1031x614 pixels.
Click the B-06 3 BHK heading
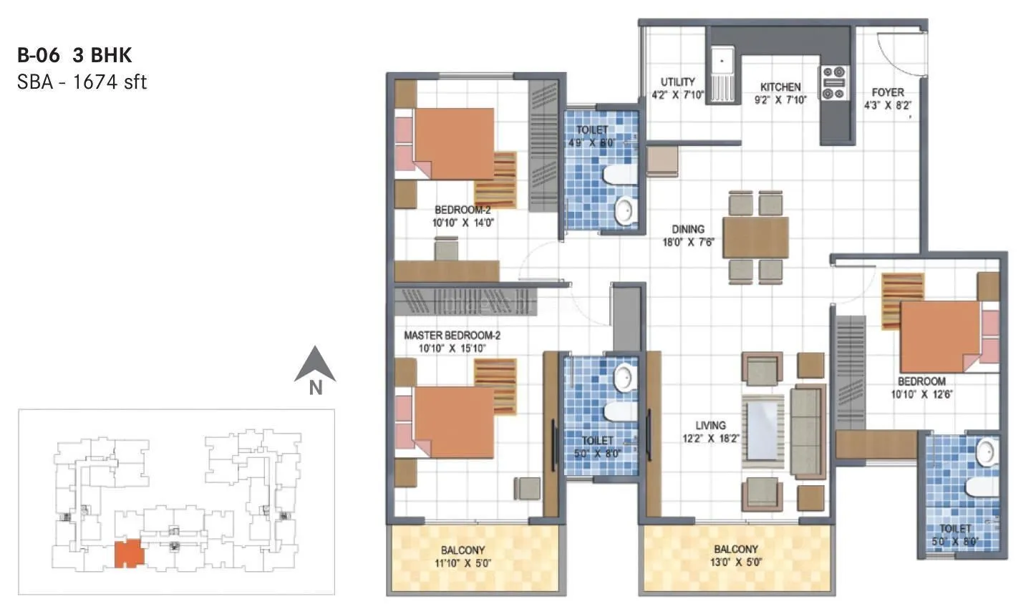tap(74, 55)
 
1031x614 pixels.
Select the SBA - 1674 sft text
tap(82, 82)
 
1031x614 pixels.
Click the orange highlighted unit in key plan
tap(129, 553)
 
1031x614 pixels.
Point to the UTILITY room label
tap(677, 88)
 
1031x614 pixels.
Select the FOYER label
tap(888, 98)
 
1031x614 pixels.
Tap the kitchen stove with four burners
tap(834, 83)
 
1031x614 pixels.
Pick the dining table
tap(755, 237)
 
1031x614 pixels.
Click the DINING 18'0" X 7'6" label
tap(687, 235)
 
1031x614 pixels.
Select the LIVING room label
tap(710, 432)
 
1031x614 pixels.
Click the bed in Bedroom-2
tap(454, 144)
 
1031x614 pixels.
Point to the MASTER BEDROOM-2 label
tap(452, 341)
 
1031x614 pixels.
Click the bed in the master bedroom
tap(454, 422)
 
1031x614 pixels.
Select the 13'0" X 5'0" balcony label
tap(735, 555)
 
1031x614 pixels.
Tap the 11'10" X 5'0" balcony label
tap(463, 556)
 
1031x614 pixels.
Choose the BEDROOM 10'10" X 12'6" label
tap(921, 387)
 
